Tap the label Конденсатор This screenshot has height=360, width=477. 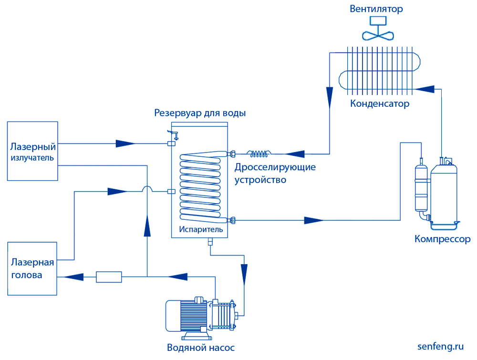click(380, 103)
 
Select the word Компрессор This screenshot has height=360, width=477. click(442, 239)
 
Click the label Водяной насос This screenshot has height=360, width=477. click(201, 347)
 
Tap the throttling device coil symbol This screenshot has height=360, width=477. click(259, 154)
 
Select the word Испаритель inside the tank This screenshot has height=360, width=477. click(201, 229)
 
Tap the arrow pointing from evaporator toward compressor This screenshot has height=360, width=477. click(314, 220)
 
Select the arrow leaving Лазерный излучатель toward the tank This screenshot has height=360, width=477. click(126, 143)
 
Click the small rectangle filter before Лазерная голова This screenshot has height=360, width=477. click(109, 277)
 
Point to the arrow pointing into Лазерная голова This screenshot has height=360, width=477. click(74, 277)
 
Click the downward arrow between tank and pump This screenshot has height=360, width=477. click(244, 273)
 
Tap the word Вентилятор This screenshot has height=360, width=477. click(376, 9)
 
